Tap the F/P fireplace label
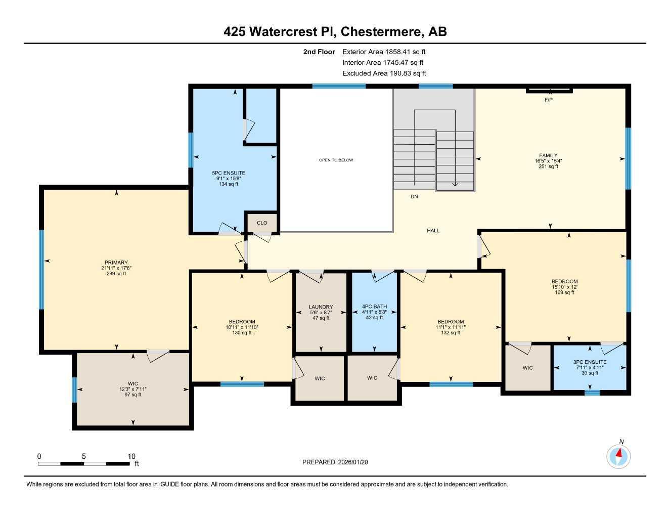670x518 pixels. click(548, 100)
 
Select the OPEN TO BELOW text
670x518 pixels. click(336, 160)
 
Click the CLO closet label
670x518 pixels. click(262, 223)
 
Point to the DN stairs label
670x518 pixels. click(414, 197)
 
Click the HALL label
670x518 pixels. click(433, 231)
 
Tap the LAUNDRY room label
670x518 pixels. click(321, 307)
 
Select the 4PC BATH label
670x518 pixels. click(374, 307)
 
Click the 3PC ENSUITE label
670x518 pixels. click(590, 362)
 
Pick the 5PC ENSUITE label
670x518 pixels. click(228, 173)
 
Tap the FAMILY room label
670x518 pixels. click(548, 156)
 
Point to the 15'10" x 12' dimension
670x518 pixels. click(564, 287)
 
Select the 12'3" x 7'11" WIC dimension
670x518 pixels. click(133, 389)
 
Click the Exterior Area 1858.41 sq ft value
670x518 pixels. click(384, 52)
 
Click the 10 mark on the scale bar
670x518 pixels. click(131, 456)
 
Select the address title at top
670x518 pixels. click(335, 31)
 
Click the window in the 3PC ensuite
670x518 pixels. click(592, 393)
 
